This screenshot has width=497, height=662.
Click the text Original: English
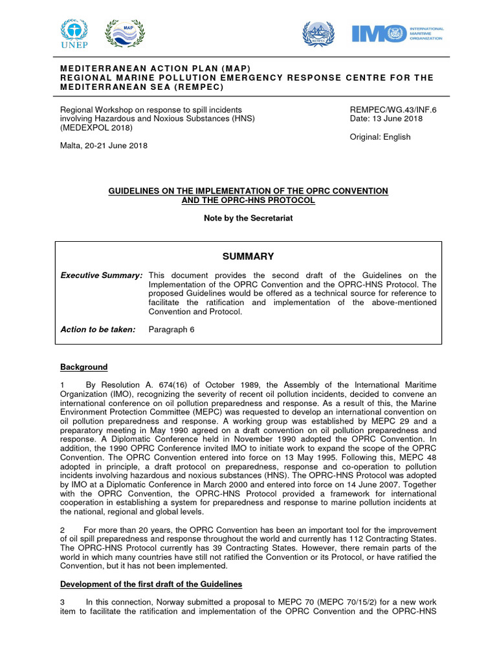[380, 136]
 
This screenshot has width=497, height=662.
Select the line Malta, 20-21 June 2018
[104, 145]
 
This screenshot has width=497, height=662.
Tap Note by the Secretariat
[248, 218]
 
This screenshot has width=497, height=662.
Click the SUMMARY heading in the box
[248, 256]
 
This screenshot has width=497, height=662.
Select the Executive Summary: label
[101, 275]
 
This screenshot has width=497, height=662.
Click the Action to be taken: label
[98, 330]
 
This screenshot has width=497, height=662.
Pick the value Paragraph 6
[171, 330]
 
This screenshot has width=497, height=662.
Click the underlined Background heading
[84, 367]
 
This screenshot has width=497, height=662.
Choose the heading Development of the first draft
[151, 584]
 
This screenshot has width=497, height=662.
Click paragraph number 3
[63, 603]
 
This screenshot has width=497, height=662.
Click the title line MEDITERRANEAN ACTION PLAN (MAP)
[155, 69]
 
